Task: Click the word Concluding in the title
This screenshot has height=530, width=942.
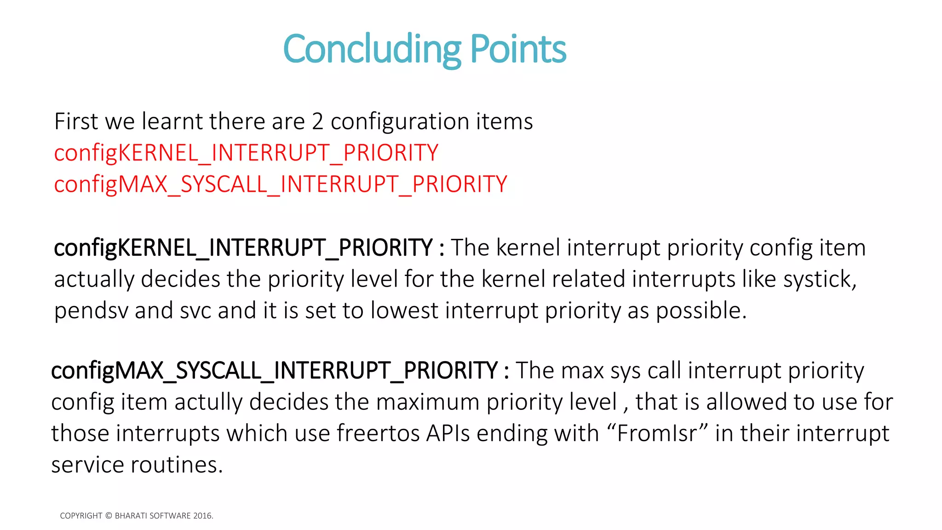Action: coord(372,50)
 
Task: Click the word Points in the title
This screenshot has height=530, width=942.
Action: coord(518,50)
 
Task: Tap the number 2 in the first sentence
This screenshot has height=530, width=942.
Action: coord(317,122)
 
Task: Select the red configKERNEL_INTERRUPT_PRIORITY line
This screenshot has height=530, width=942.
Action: coord(246,153)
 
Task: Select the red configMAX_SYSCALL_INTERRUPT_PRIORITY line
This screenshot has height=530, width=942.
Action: coord(280,184)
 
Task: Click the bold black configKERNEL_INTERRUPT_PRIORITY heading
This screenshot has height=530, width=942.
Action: coord(243,248)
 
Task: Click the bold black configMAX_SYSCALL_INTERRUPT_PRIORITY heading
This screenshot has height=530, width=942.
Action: coord(274,371)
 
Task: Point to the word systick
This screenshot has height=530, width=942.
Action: coord(819,280)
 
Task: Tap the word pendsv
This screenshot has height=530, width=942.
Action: coord(91,311)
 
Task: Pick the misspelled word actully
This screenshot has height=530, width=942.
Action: coord(208,402)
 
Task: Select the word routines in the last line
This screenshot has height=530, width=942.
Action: coord(177,465)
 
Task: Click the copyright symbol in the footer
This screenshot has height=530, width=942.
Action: coord(109,516)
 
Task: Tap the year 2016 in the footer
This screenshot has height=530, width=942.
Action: coord(202,516)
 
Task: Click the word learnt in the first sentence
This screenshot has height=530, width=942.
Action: coord(172,122)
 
